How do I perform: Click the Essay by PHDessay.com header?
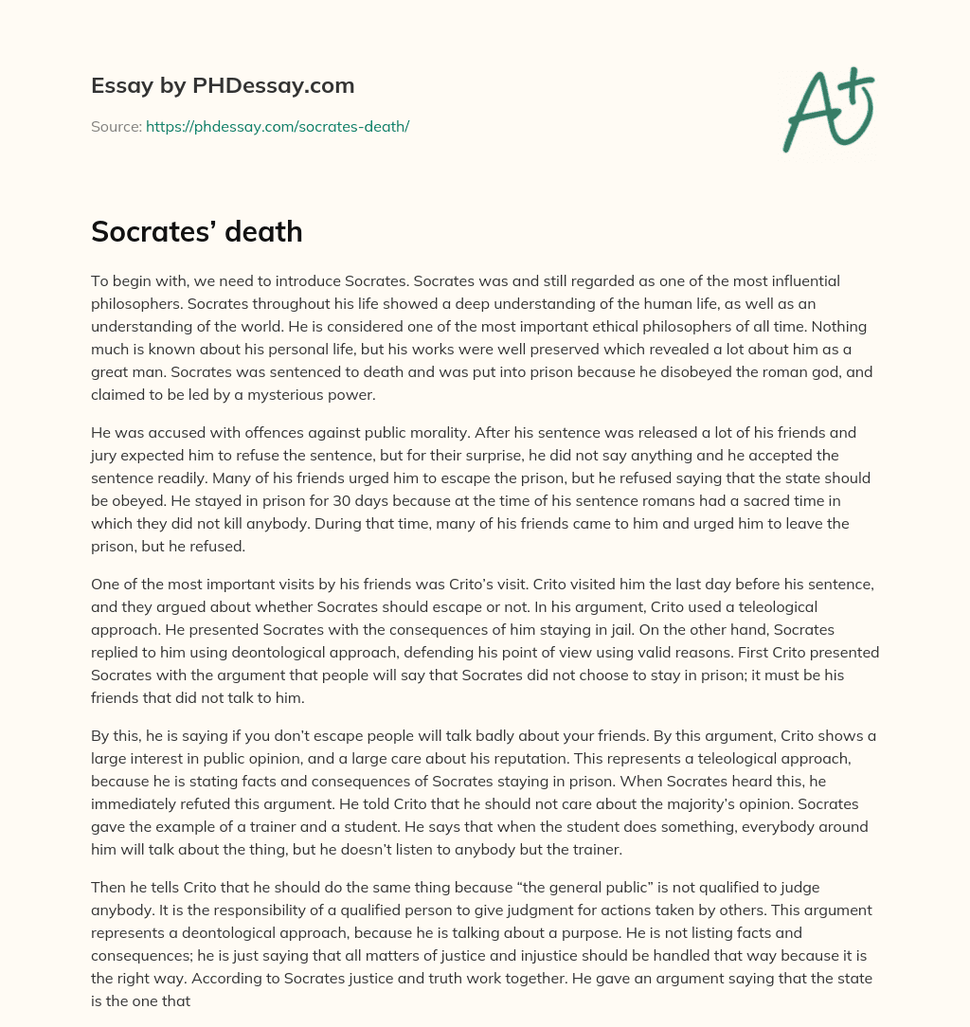[x=223, y=86]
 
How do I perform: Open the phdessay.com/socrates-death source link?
[x=277, y=126]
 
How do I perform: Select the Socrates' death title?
[x=196, y=231]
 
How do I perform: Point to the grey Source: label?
[x=117, y=126]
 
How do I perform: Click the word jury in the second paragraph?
[x=106, y=456]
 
